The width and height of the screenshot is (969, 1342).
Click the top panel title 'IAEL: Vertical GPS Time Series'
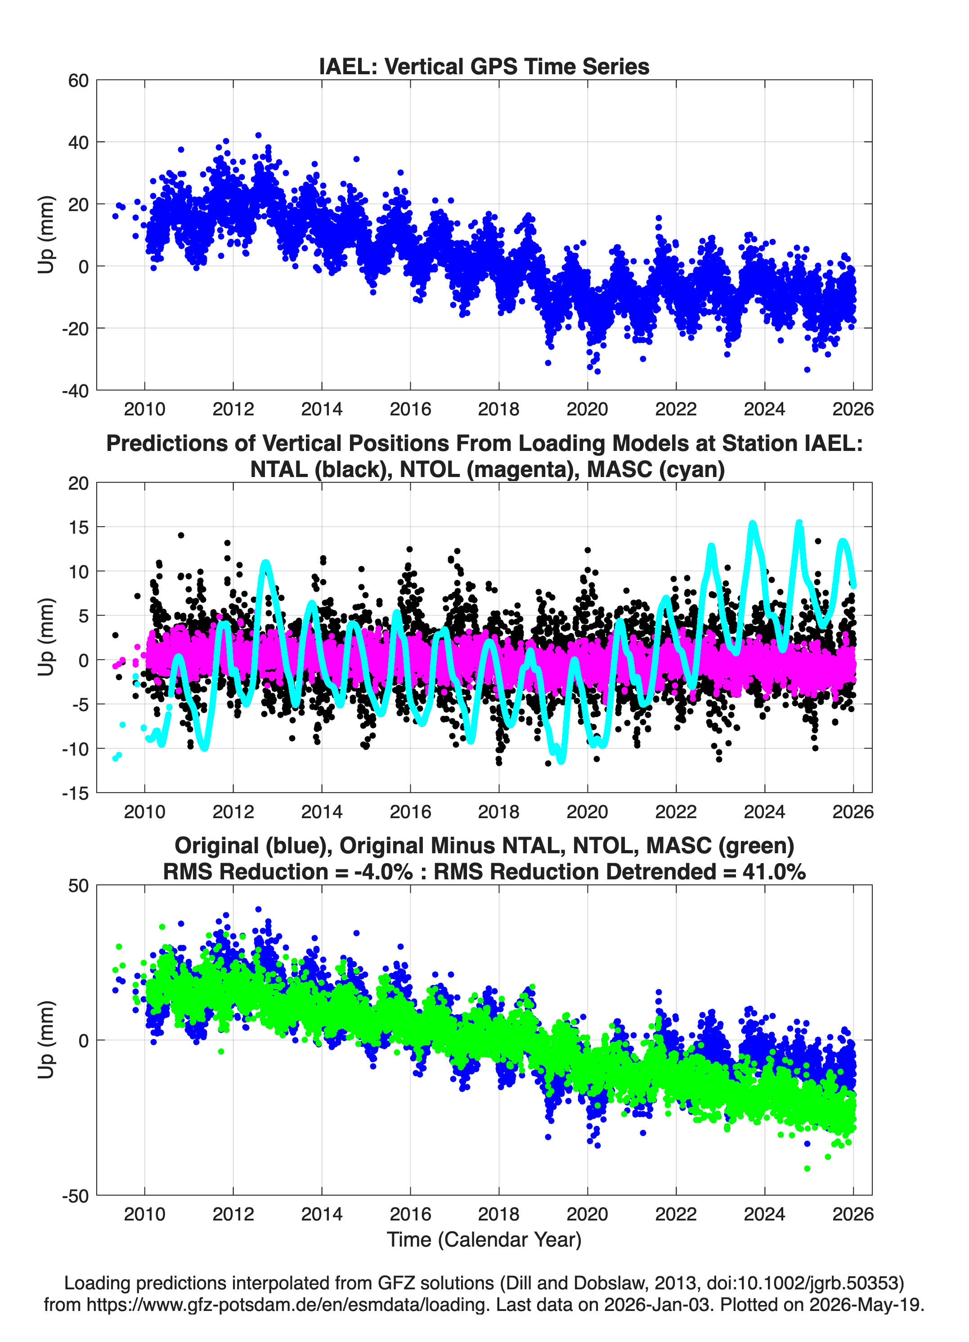[x=484, y=66]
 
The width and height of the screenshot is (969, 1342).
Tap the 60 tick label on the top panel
[x=79, y=81]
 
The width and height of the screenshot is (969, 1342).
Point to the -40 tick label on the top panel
[x=75, y=391]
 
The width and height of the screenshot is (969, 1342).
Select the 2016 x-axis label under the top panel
[x=410, y=409]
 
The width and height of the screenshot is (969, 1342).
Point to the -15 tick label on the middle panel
[x=75, y=793]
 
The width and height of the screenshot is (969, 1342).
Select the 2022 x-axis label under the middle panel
[x=676, y=811]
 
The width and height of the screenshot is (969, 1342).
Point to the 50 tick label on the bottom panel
[x=79, y=886]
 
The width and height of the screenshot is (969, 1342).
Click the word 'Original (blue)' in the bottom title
[x=253, y=846]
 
